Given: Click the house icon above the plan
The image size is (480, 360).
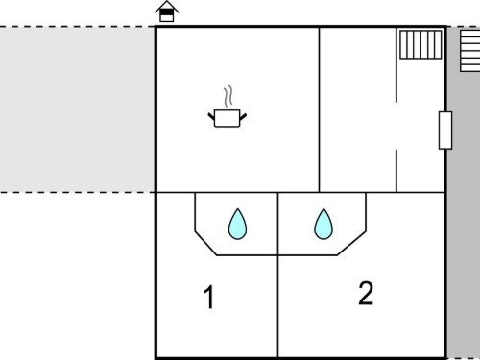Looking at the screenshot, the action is point(167,12).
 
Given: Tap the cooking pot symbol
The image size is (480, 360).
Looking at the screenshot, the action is point(228,118).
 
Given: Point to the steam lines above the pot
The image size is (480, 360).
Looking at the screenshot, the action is point(228,96).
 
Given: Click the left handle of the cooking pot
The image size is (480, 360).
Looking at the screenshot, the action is point(211,117).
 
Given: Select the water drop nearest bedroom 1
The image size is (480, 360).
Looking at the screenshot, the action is point(237,225).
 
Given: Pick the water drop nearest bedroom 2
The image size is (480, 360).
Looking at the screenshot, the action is point(324,225).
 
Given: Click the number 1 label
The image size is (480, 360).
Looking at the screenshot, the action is point(208,297).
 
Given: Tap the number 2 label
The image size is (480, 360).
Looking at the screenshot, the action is point(366,293).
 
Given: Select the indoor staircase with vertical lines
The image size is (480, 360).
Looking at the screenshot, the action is point(420,44).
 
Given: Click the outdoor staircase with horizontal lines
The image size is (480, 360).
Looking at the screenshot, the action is point(470,51).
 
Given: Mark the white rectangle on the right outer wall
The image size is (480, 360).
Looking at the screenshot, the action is point(445,131).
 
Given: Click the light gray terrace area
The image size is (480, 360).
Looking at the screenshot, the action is point(78,109).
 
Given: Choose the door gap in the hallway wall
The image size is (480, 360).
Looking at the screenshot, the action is point(396,126).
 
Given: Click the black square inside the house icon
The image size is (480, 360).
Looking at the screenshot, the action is point(166,12).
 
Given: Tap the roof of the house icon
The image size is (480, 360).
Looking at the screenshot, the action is point(167,7).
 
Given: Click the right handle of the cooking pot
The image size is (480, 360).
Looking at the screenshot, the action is point(243,117).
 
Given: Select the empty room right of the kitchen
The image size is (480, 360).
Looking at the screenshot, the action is point(358,109).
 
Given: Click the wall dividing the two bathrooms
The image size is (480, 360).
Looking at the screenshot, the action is point(278,224).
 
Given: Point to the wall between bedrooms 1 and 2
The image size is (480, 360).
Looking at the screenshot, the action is point(278,306).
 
